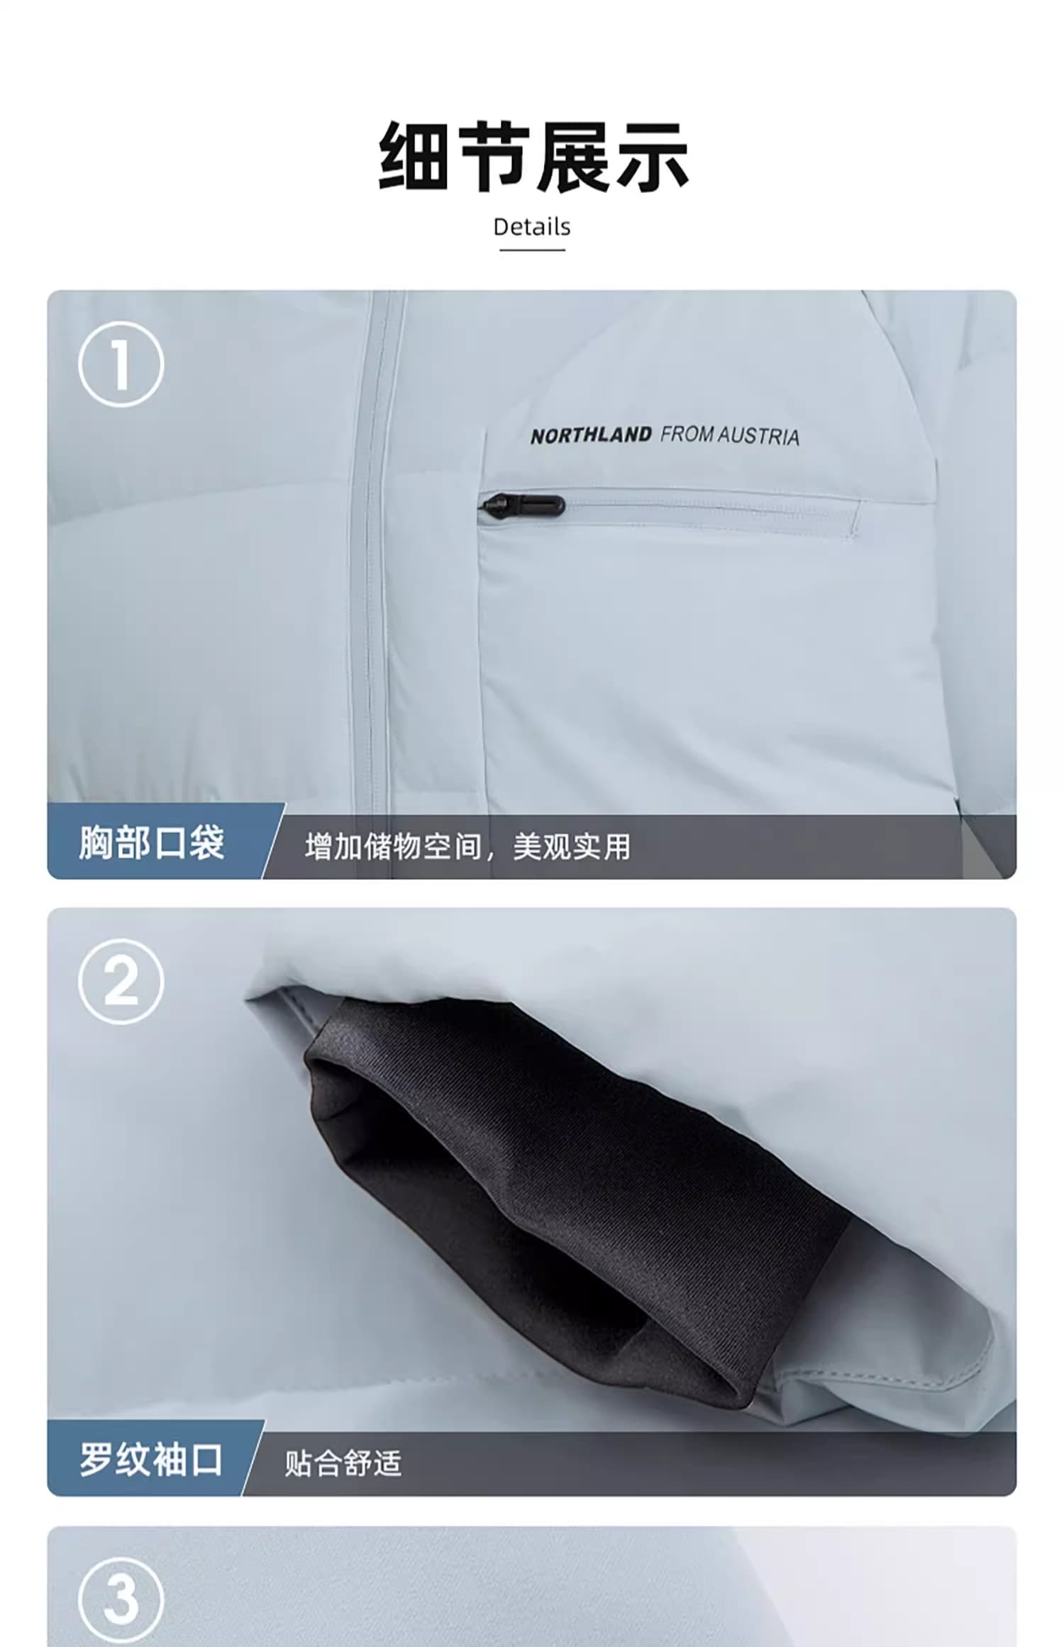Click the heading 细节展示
pyautogui.click(x=533, y=157)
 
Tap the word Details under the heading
pyautogui.click(x=532, y=228)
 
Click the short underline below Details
pyautogui.click(x=532, y=250)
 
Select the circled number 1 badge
pyautogui.click(x=121, y=364)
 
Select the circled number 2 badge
pyautogui.click(x=121, y=982)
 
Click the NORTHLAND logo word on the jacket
pyautogui.click(x=591, y=436)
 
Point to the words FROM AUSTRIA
pyautogui.click(x=730, y=436)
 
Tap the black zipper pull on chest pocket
pyautogui.click(x=523, y=506)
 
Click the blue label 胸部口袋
pyautogui.click(x=152, y=843)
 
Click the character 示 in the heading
pyautogui.click(x=652, y=157)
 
